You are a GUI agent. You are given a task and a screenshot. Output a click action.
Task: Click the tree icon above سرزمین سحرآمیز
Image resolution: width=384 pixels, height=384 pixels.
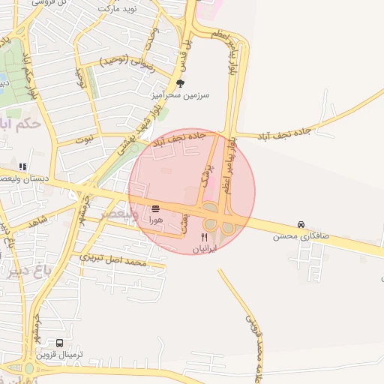pos(180,83)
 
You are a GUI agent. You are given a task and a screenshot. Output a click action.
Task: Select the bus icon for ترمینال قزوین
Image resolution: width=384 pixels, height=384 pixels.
pos(59,343)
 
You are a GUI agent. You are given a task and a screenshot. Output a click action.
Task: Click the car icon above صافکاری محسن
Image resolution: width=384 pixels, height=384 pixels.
pos(301,224)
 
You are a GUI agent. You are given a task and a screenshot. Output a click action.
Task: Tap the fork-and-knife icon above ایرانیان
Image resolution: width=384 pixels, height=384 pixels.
pos(203,237)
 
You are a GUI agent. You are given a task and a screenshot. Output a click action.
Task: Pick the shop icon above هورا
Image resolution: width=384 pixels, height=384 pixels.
pos(155,208)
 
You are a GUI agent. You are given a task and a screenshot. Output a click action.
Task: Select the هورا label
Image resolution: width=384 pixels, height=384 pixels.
pos(155,220)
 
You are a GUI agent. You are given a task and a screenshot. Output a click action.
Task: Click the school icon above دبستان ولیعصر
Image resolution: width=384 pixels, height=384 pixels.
pos(22,166)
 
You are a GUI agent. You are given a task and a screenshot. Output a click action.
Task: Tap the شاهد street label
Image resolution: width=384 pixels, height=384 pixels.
pos(37,219)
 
